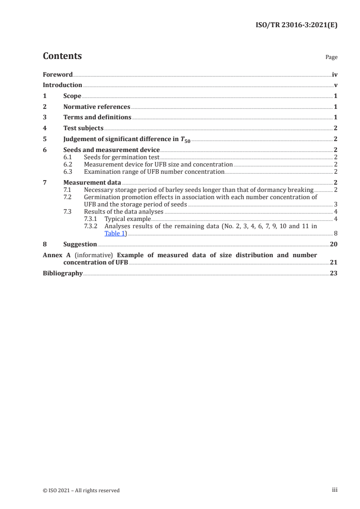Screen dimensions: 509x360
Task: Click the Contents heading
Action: pos(62,56)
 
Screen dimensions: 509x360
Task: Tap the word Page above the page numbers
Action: pos(331,58)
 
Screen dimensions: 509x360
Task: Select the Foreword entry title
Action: pos(58,74)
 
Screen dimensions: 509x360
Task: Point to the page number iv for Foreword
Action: pos(335,74)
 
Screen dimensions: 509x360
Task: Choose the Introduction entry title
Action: pos(62,85)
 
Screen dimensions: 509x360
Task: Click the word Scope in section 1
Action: pos(72,96)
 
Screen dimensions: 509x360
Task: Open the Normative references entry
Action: pos(97,107)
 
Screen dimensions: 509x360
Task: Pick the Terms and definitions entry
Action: pos(97,117)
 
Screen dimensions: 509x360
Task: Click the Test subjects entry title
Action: pos(83,128)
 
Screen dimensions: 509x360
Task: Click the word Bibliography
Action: pos(63,274)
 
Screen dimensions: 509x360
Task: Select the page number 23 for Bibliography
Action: pos(334,274)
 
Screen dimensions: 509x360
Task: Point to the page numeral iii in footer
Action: pos(335,490)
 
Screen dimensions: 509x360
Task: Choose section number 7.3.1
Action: pos(92,219)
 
